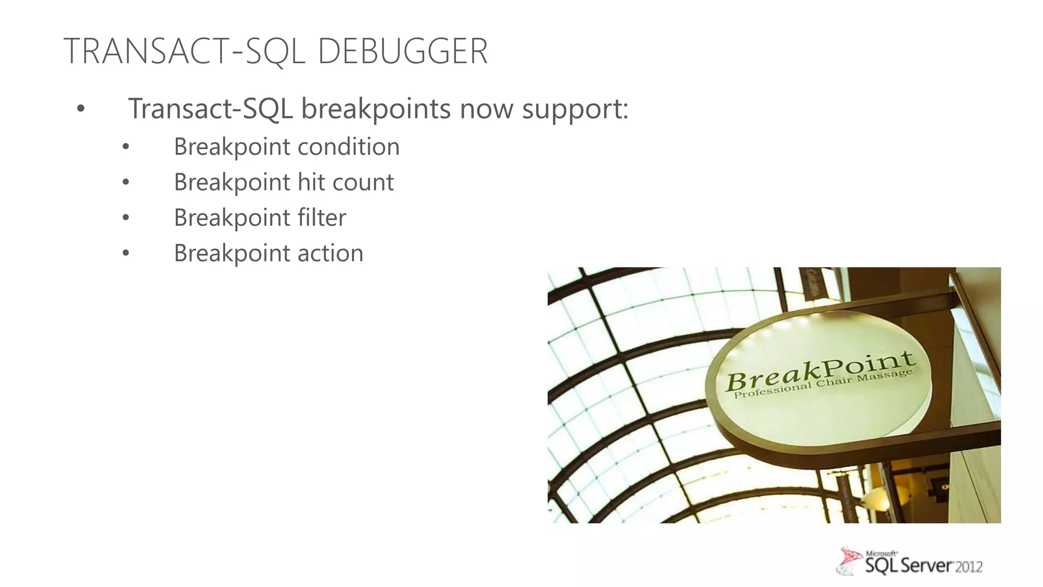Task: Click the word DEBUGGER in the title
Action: point(402,51)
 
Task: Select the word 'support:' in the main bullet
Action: point(575,109)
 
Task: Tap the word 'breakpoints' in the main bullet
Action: point(376,109)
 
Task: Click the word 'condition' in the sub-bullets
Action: point(348,147)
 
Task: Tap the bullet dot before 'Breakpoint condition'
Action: point(126,148)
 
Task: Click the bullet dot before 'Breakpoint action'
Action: point(126,254)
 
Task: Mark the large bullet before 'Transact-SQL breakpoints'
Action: point(80,109)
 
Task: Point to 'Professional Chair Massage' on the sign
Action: point(822,385)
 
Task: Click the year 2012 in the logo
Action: point(968,567)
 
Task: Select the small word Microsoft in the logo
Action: point(881,553)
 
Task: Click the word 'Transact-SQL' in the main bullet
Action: point(210,109)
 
